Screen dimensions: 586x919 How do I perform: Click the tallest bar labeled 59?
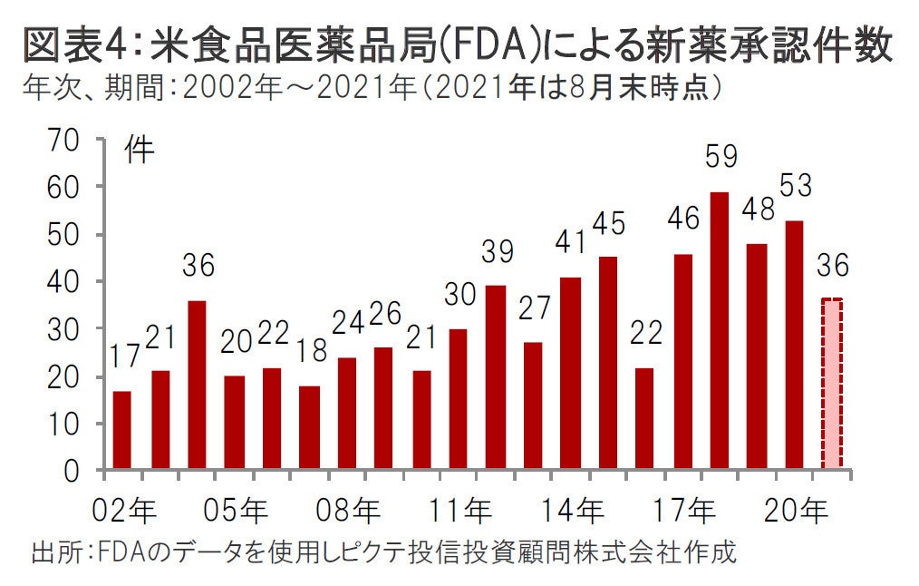click(719, 331)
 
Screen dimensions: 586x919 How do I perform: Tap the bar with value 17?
click(122, 431)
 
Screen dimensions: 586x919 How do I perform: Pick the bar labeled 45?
click(607, 363)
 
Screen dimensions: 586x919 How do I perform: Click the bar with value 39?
click(496, 377)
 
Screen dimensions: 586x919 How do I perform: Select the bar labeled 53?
click(794, 346)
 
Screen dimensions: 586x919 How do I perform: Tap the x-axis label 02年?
click(124, 511)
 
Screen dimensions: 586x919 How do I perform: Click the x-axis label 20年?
click(799, 511)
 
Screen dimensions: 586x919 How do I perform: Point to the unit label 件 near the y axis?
click(140, 150)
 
